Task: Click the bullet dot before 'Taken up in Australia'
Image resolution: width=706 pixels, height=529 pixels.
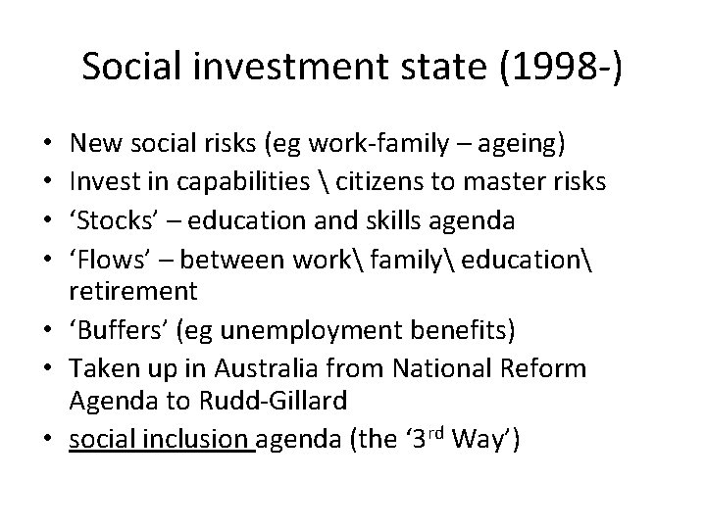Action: coord(48,369)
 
